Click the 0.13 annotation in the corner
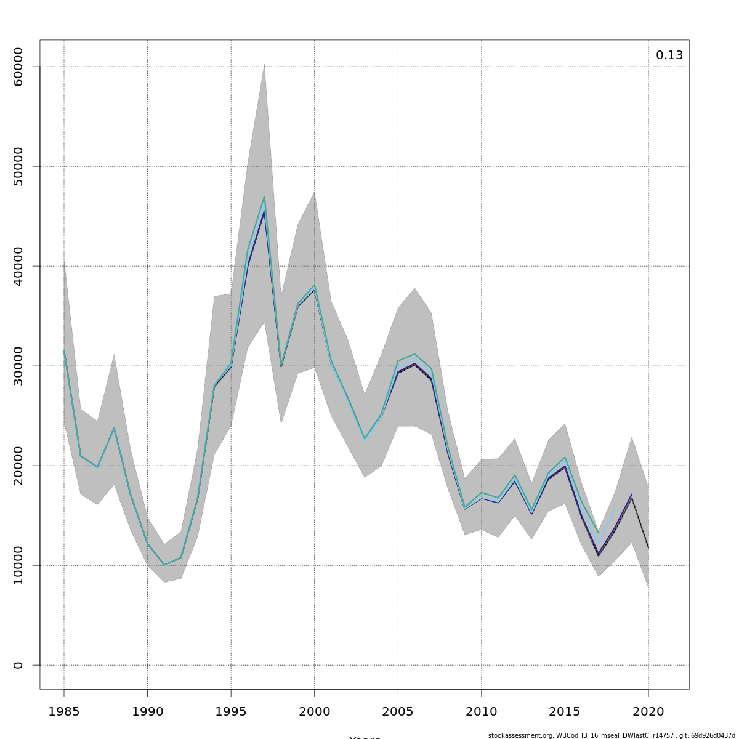pos(669,55)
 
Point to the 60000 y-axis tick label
pos(18,67)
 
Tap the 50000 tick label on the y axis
pos(18,166)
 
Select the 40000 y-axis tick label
pos(18,266)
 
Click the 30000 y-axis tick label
pos(18,366)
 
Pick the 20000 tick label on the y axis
pos(18,466)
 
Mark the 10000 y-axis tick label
pos(18,565)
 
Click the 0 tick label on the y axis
pos(18,665)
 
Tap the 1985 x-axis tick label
pos(64,712)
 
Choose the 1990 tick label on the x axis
pos(147,712)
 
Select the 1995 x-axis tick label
pos(231,712)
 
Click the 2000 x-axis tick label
pos(314,712)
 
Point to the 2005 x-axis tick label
pos(398,712)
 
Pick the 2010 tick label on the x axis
pos(481,712)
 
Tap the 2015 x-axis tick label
pos(565,712)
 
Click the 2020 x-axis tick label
pos(648,712)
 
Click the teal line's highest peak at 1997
pos(264,196)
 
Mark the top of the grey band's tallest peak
pos(264,64)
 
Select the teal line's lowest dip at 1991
pos(164,565)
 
